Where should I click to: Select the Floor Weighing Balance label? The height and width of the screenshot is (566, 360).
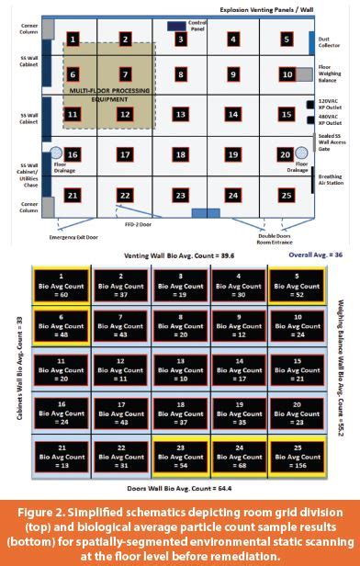[332, 72]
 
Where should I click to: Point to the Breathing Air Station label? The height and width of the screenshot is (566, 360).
[332, 180]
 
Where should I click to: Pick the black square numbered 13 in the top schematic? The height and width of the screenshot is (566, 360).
[181, 116]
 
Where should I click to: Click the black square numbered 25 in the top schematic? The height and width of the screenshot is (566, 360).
[287, 196]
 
